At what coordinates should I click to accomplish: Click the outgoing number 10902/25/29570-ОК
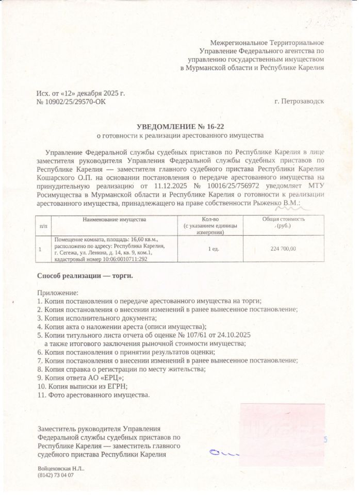tap(76, 103)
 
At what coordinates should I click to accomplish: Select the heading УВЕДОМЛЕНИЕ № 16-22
tap(181, 126)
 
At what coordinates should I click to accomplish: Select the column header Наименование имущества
tap(114, 220)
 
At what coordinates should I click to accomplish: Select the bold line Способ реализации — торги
tap(85, 276)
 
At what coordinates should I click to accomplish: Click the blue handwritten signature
tap(227, 453)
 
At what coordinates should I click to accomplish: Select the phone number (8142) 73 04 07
tap(56, 475)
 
